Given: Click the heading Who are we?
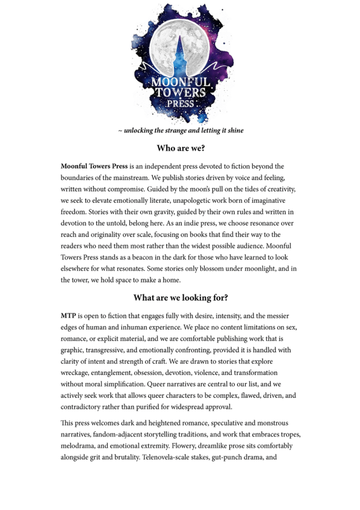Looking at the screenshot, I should tap(180, 148).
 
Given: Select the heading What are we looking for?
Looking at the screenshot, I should tap(180, 298).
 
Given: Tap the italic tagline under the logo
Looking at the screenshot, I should tap(180, 130).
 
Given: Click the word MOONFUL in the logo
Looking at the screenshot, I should tap(181, 81).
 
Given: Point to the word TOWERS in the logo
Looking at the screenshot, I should tap(181, 93).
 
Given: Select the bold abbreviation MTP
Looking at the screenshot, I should tap(68, 316).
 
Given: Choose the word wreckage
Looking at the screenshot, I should tap(76, 373).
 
